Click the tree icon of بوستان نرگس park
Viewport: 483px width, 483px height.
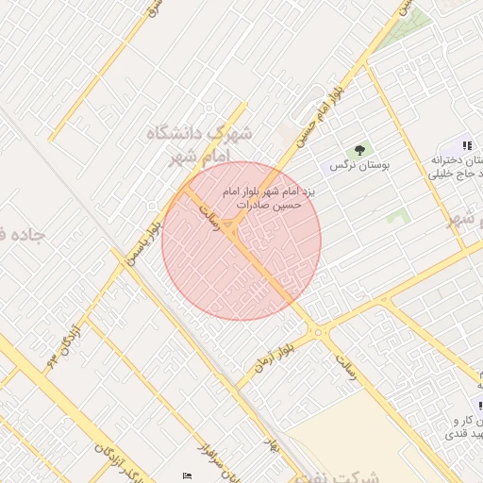(x=358, y=150)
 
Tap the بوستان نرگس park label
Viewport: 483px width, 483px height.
(x=359, y=165)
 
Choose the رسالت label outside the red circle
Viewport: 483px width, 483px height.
(x=341, y=363)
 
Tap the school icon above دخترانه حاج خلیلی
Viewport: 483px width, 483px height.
(x=466, y=146)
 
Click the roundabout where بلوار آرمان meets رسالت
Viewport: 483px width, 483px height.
(x=319, y=331)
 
